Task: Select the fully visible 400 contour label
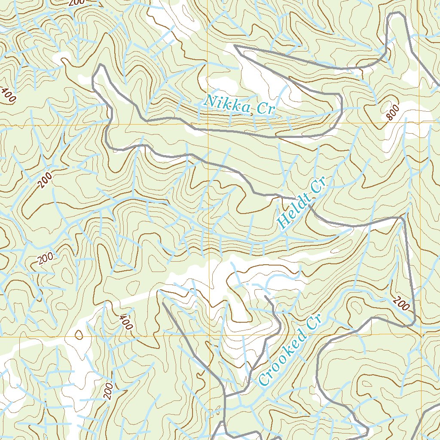tap(125, 322)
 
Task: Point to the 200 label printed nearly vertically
tap(108, 390)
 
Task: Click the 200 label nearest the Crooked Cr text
tap(400, 305)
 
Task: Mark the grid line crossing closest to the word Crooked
tap(210, 336)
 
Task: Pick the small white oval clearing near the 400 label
tap(79, 334)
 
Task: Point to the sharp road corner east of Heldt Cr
tap(403, 218)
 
